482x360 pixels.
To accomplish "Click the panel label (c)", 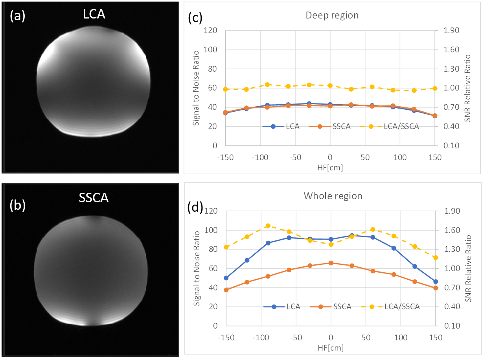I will click(195, 18).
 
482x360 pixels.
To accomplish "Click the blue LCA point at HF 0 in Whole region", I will click(331, 239).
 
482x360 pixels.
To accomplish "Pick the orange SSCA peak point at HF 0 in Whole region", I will click(331, 263).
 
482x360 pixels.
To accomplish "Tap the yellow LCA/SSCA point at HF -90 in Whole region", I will click(268, 226).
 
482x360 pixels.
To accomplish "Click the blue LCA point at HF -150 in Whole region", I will click(226, 278).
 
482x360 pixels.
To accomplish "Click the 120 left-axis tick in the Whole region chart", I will click(213, 211).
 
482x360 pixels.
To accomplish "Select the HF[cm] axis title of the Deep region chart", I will click(330, 167).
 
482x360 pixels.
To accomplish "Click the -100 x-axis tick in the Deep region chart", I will click(260, 157).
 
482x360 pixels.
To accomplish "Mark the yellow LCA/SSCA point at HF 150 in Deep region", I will click(435, 88).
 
